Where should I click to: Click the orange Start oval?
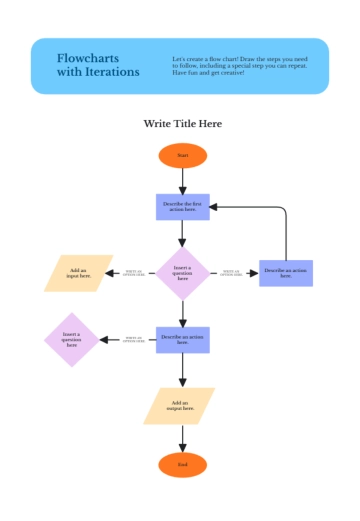(182, 155)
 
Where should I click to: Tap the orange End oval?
(182, 465)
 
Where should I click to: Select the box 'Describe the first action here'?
(182, 207)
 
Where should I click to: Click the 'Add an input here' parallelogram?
(79, 273)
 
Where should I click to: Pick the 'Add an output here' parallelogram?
(179, 405)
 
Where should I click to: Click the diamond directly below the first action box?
(182, 273)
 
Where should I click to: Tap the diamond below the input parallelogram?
(71, 340)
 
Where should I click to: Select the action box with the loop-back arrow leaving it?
(285, 273)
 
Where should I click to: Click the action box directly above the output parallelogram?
(182, 340)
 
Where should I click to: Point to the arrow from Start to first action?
(182, 181)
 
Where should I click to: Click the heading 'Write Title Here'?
(182, 124)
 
